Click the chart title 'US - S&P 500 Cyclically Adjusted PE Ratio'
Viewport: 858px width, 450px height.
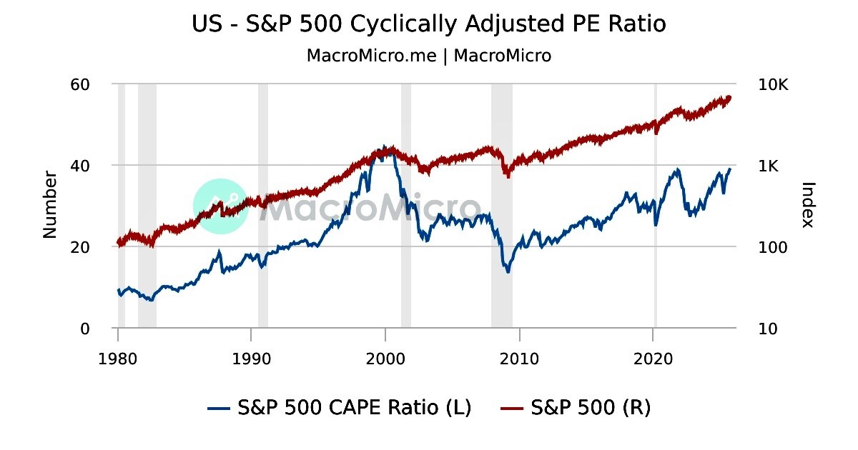(429, 24)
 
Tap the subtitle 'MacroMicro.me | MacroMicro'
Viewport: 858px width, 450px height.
(429, 56)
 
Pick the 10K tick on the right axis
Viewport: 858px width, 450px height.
(772, 84)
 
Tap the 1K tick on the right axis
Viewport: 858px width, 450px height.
(769, 166)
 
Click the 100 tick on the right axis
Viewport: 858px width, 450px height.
(770, 247)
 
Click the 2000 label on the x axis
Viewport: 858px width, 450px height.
(385, 357)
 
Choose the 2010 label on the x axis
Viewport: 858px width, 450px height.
(520, 357)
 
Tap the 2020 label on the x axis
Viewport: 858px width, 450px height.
(654, 357)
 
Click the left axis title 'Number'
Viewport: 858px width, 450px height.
(50, 204)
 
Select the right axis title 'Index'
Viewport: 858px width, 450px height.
(808, 204)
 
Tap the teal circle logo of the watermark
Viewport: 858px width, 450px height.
(220, 206)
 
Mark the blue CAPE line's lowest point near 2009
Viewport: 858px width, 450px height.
(508, 272)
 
